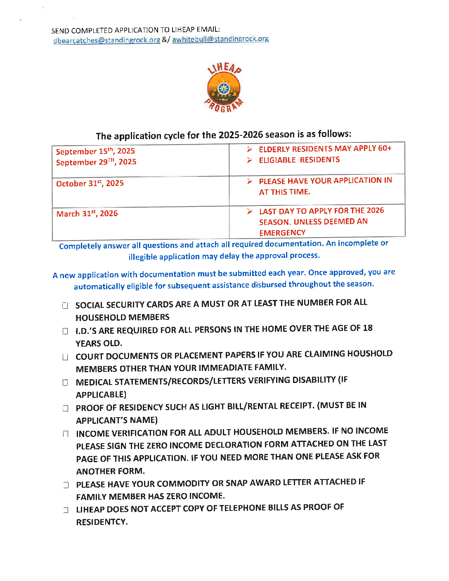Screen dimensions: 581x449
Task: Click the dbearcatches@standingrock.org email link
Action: pos(106,40)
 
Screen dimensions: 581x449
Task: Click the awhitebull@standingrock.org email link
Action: pos(220,39)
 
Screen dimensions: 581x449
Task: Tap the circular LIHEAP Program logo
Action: pos(224,87)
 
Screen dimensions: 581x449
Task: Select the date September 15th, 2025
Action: pos(95,151)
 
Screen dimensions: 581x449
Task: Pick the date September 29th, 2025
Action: pos(96,162)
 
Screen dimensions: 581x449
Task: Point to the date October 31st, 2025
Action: pos(90,184)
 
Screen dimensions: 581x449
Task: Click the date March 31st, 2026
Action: pos(87,214)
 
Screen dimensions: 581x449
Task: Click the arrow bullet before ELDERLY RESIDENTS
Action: pos(250,149)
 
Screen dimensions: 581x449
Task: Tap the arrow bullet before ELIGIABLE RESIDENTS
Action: pos(250,160)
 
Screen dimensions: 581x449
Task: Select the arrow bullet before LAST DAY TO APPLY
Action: pos(250,211)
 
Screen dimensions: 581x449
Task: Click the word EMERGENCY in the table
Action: pos(282,233)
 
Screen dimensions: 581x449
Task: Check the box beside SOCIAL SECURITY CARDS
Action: pos(65,306)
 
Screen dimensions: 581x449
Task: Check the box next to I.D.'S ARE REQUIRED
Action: pos(65,331)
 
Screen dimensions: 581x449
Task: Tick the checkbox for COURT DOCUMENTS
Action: pos(65,357)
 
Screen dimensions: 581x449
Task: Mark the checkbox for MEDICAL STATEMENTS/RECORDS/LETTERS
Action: pos(65,383)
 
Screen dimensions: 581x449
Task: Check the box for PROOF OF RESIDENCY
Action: pos(65,408)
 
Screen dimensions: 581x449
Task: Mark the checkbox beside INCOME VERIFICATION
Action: pos(65,434)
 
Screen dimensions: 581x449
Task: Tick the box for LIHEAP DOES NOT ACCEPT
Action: pos(66,510)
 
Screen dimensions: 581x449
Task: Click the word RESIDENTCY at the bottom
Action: pos(102,522)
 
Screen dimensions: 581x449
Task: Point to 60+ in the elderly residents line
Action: pos(384,148)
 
